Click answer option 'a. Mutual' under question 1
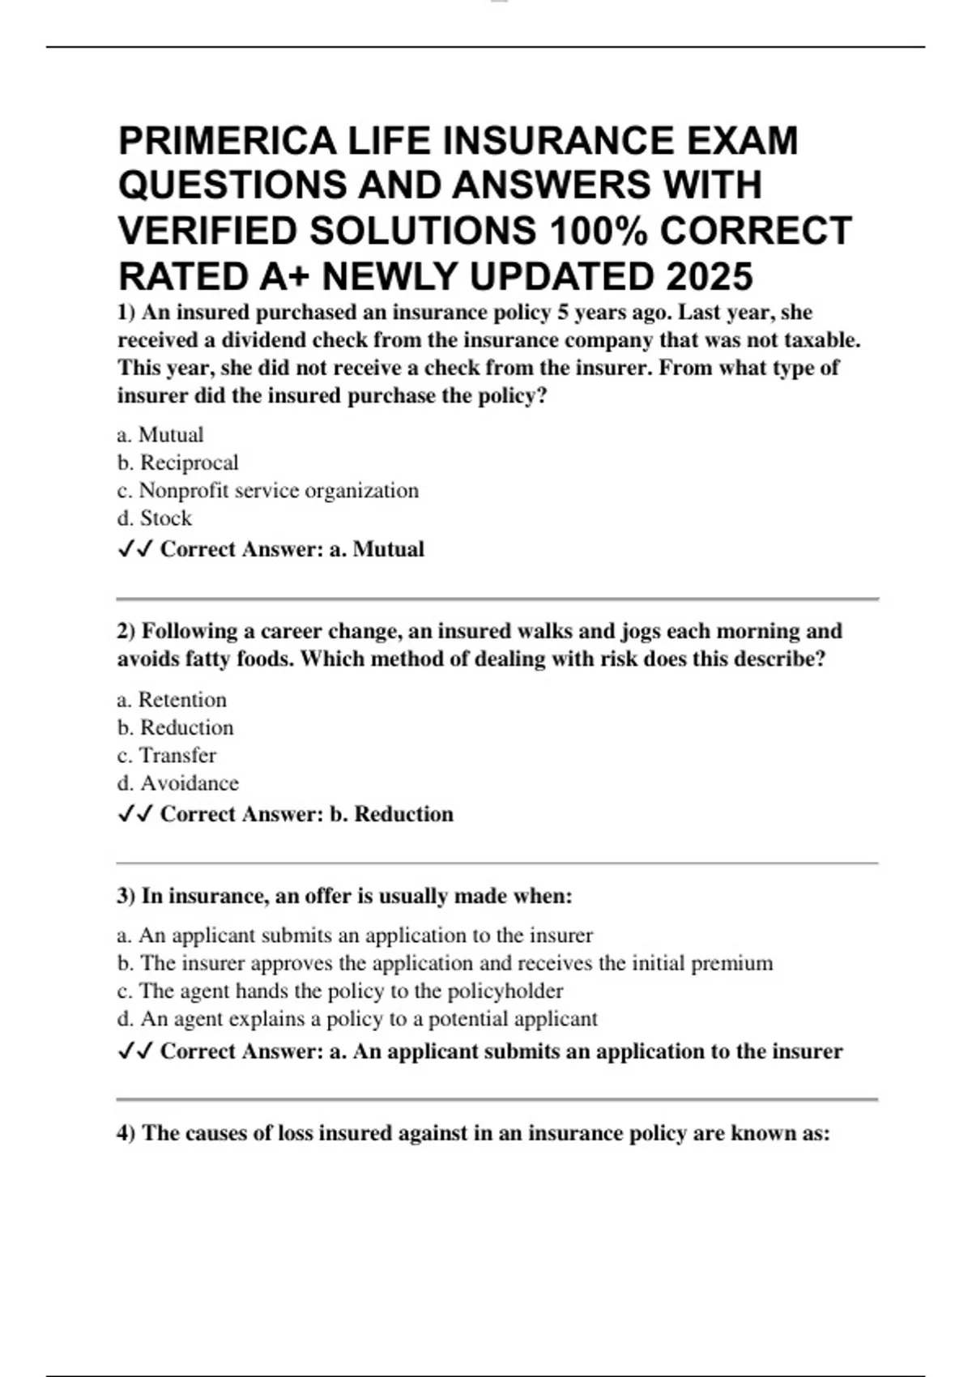(x=160, y=435)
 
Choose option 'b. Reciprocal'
(x=178, y=463)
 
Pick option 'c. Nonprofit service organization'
(x=268, y=490)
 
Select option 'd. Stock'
(x=155, y=518)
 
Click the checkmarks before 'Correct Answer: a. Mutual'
(x=135, y=549)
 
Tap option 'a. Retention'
(x=172, y=700)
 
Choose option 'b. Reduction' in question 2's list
(x=176, y=727)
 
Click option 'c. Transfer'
(x=167, y=755)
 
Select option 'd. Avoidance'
(x=178, y=782)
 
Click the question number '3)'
(x=126, y=896)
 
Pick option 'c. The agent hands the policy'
(x=340, y=991)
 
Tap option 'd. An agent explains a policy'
(x=357, y=1018)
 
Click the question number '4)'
(x=126, y=1132)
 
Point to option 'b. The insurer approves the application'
(x=445, y=963)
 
